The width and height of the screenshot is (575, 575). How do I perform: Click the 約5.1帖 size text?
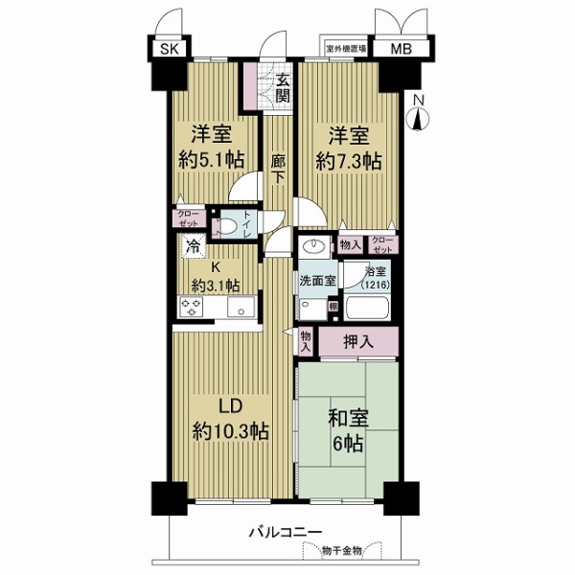pos(209,160)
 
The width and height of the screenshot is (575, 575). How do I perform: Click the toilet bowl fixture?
pos(225,228)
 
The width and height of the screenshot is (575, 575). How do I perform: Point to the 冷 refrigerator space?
pos(193,245)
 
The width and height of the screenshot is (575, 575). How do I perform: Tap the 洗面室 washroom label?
pos(317,283)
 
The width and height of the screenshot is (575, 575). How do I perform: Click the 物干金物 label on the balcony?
pos(342,551)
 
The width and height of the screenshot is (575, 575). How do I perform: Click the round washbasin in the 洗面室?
pos(313,246)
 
